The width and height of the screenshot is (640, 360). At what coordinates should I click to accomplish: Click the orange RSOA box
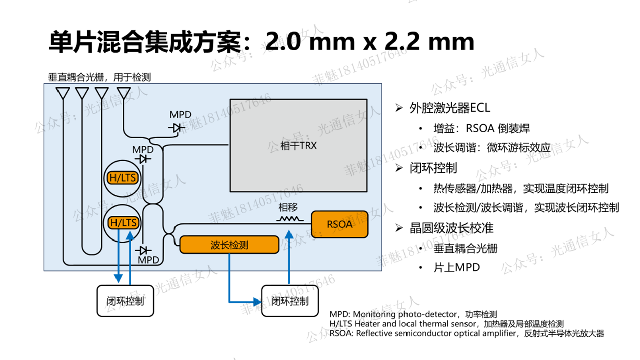339,224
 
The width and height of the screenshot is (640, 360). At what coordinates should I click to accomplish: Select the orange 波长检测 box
229,245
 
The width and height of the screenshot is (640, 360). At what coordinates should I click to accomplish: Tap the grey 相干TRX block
298,145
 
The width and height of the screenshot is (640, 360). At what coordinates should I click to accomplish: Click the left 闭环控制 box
125,301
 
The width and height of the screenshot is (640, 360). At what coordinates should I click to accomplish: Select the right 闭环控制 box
290,301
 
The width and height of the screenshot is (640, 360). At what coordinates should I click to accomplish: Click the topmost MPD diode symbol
177,128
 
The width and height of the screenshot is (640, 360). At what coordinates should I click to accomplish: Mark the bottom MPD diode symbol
145,250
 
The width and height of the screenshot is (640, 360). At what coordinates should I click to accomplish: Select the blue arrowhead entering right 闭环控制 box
258,302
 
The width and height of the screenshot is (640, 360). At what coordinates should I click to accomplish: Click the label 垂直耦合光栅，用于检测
99,77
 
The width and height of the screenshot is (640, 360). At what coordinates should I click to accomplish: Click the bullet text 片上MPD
456,268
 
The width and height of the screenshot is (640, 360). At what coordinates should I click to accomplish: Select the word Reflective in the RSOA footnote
375,333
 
